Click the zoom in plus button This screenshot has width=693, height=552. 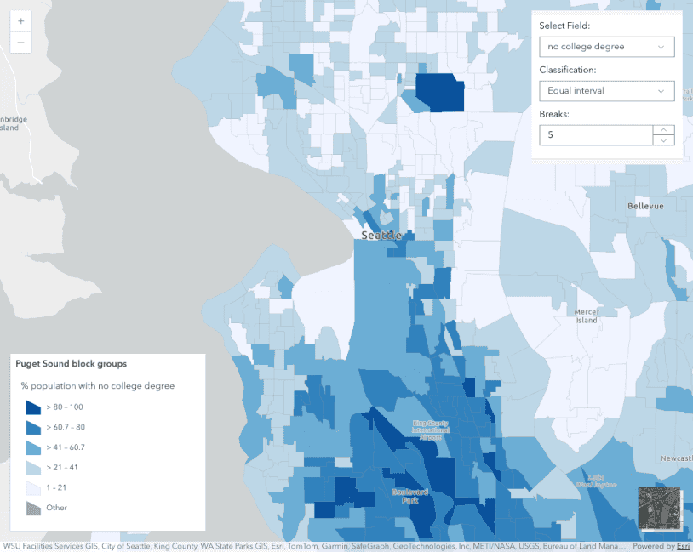[x=20, y=20]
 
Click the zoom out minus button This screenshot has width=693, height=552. [x=20, y=43]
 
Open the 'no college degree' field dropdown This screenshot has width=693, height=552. [x=606, y=47]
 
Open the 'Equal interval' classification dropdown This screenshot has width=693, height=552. [x=606, y=91]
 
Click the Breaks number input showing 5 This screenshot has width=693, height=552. [x=595, y=135]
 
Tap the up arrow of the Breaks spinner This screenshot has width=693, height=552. [x=664, y=130]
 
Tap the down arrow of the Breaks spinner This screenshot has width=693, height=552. [x=664, y=140]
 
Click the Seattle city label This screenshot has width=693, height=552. [x=381, y=236]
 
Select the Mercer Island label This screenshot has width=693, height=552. [x=587, y=316]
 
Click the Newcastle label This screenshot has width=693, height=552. [x=676, y=458]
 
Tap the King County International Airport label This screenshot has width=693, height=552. [x=431, y=429]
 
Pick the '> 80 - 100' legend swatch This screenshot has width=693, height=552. [x=33, y=407]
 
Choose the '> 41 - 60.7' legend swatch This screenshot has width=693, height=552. [x=33, y=447]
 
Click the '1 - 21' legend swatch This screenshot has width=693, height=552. [x=33, y=487]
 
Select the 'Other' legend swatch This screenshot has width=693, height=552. [x=33, y=508]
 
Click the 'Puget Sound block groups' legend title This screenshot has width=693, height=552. [x=72, y=364]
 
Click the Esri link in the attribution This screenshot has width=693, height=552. [x=683, y=547]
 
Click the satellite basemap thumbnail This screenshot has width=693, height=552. [x=659, y=509]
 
